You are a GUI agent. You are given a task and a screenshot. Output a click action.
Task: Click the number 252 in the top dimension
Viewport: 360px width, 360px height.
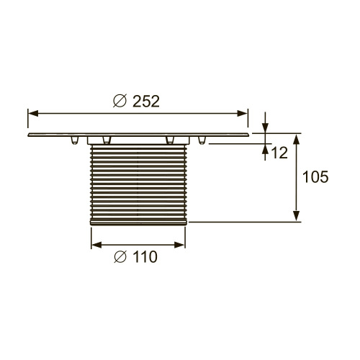(146, 102)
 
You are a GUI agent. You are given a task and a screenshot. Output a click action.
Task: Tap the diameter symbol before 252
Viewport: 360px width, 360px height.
(120, 102)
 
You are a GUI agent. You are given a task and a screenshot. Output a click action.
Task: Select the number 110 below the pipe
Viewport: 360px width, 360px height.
(145, 256)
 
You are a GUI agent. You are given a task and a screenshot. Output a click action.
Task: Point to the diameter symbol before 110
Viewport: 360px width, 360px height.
(121, 256)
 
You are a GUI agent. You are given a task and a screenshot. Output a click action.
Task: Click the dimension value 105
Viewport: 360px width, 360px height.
(315, 177)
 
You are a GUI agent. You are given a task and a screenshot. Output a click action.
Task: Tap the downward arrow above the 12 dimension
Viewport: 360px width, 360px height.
(266, 128)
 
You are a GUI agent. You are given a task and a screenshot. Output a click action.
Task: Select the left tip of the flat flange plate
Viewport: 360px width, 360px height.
(29, 135)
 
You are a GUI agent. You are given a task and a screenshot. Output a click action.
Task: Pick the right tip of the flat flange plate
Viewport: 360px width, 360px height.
(248, 135)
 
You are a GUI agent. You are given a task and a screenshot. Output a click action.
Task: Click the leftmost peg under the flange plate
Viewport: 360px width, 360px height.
(74, 140)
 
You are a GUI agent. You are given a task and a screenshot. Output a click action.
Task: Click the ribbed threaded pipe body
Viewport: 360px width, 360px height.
(140, 184)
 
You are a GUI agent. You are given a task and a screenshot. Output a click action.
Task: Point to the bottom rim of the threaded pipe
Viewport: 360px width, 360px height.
(140, 223)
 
